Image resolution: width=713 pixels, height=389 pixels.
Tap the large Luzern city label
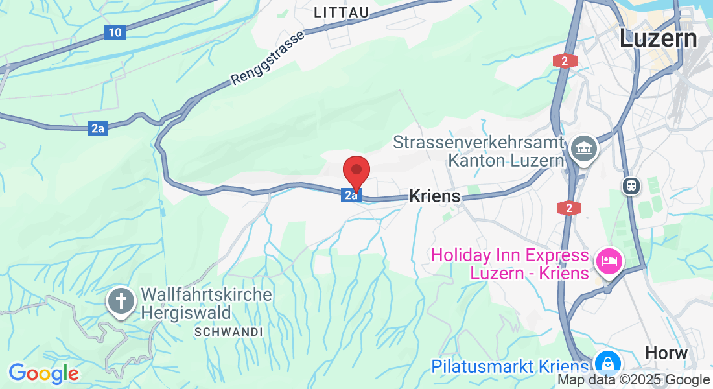(x=658, y=38)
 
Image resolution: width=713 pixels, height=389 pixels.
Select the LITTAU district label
(x=341, y=13)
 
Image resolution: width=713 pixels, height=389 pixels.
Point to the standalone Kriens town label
(x=434, y=196)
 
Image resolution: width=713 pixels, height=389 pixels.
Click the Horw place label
(x=666, y=353)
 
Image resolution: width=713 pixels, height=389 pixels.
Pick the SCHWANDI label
(x=228, y=332)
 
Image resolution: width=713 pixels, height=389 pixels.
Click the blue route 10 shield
(x=114, y=32)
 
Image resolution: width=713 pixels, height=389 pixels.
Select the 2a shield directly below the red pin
(x=351, y=194)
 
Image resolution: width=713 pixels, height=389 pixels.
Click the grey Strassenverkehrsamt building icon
(x=584, y=148)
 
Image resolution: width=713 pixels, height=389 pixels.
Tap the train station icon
(x=631, y=186)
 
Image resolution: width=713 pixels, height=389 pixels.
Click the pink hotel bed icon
(x=609, y=262)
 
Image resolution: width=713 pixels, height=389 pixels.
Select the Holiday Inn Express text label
(x=509, y=264)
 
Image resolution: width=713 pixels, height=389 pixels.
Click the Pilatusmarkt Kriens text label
(x=511, y=367)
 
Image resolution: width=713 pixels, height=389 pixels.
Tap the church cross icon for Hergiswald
(x=121, y=301)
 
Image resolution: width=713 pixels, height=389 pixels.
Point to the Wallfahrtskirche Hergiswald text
(x=206, y=303)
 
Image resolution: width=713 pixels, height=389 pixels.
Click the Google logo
(x=43, y=373)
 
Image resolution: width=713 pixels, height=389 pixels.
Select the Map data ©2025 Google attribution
(x=633, y=380)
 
